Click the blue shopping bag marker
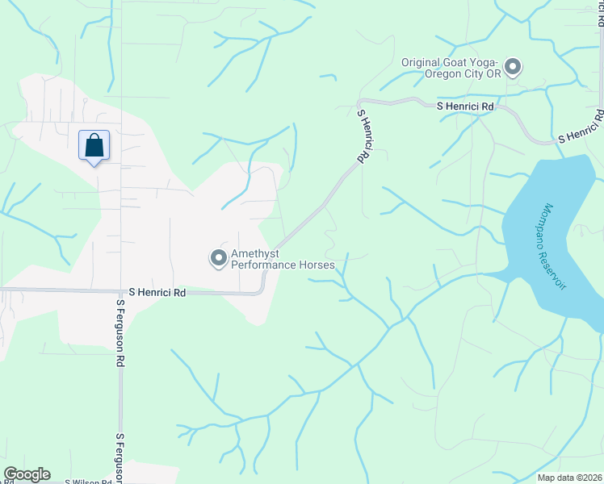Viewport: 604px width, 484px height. [94, 146]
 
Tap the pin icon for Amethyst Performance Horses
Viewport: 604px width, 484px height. [218, 258]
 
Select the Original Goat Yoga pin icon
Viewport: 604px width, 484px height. [512, 67]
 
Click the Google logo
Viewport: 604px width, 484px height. [27, 474]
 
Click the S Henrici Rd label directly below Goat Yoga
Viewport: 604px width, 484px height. [465, 106]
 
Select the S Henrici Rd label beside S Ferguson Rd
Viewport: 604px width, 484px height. [157, 294]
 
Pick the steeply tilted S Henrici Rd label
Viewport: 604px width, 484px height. [363, 139]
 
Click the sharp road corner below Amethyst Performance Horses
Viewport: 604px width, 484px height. [263, 291]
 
